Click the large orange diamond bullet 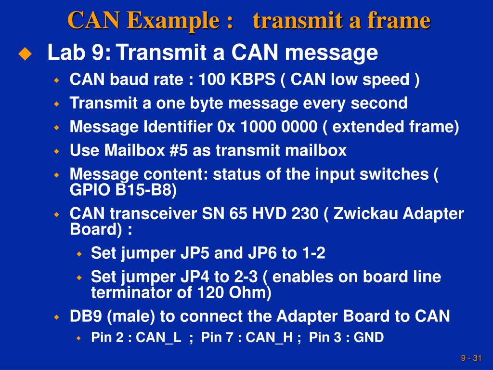pyautogui.click(x=25, y=54)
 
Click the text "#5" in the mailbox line pyautogui.click(x=179, y=151)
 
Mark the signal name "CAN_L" pyautogui.click(x=158, y=338)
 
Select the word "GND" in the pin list pyautogui.click(x=369, y=338)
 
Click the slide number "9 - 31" pyautogui.click(x=471, y=358)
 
